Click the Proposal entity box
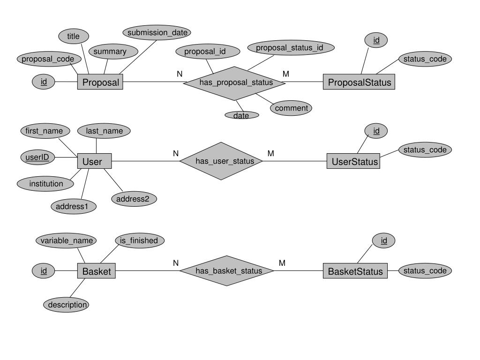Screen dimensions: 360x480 100,82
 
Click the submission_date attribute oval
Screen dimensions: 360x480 157,32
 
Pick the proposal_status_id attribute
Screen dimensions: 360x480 289,47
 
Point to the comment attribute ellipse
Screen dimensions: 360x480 291,108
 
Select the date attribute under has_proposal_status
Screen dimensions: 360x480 241,115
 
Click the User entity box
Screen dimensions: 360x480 94,162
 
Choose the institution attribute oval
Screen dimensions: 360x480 46,184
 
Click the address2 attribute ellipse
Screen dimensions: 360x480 133,199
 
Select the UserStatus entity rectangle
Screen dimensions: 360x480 353,162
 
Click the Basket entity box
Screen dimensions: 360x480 96,271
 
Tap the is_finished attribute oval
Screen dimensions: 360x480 139,240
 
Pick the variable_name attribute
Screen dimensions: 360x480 67,240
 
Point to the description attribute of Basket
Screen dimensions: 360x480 67,305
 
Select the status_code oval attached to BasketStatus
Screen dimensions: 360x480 425,271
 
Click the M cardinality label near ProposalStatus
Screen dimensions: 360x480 285,74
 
